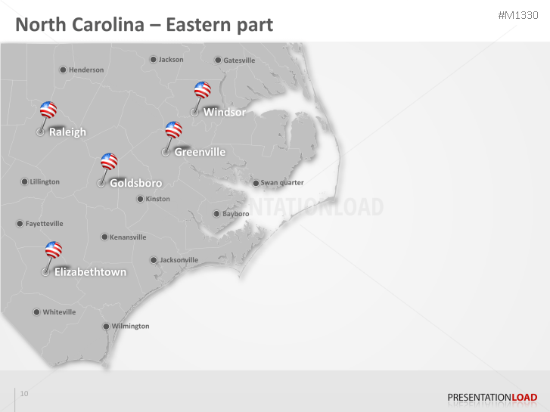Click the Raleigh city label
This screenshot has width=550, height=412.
pyautogui.click(x=67, y=132)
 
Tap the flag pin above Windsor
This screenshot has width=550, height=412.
pyautogui.click(x=202, y=90)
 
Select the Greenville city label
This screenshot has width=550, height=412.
pyautogui.click(x=200, y=152)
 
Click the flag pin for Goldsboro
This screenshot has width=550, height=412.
pyautogui.click(x=109, y=161)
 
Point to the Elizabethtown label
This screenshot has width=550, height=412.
pyautogui.click(x=90, y=272)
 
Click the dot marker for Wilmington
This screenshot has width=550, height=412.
pyautogui.click(x=106, y=327)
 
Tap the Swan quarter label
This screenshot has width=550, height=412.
pyautogui.click(x=282, y=183)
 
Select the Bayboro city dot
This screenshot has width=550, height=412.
pyautogui.click(x=216, y=214)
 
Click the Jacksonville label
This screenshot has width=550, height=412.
pyautogui.click(x=179, y=260)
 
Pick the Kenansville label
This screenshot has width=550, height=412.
pyautogui.click(x=128, y=237)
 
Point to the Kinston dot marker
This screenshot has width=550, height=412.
pyautogui.click(x=140, y=199)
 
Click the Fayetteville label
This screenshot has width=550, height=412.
pyautogui.click(x=45, y=224)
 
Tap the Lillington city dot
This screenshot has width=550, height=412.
pyautogui.click(x=24, y=182)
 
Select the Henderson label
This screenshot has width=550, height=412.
pyautogui.click(x=86, y=70)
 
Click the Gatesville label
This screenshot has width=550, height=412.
pyautogui.click(x=239, y=60)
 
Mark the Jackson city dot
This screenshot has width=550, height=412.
pyautogui.click(x=153, y=60)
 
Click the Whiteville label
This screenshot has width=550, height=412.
pyautogui.click(x=59, y=312)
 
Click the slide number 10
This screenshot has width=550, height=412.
pyautogui.click(x=24, y=393)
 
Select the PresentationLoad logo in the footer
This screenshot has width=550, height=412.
pyautogui.click(x=492, y=397)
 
